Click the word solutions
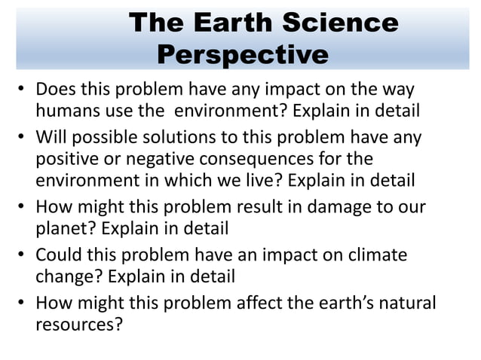182,139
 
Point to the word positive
68,160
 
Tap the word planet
62,230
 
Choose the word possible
104,139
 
